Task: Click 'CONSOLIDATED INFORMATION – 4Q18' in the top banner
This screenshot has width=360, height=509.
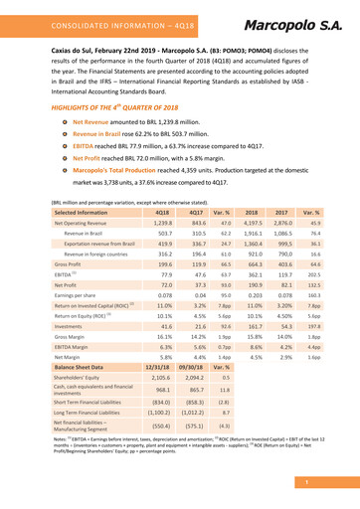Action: coord(126,21)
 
